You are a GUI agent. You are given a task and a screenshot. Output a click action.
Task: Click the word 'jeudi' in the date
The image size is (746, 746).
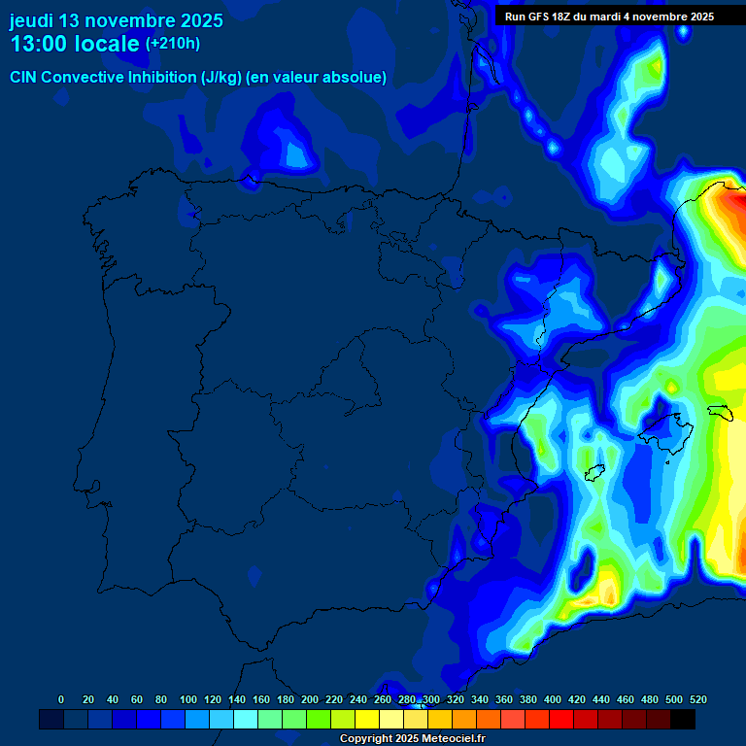coord(32,20)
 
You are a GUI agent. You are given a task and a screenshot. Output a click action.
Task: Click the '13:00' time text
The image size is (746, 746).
coord(39,44)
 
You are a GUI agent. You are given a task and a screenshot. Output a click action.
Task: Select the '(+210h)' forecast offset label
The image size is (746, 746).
coord(173,44)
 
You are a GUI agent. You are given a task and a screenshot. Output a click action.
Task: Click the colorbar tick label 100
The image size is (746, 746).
coord(188,699)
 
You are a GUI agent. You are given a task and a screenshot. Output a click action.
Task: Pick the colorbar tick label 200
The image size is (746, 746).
coord(310,699)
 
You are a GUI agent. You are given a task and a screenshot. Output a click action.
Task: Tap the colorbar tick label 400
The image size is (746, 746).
coord(553,699)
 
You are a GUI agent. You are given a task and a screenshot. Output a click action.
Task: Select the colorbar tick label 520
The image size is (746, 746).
coord(697,699)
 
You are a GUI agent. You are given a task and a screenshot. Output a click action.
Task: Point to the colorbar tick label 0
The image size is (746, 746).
coord(61,699)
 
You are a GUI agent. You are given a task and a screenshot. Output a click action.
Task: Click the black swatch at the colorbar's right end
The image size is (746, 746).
coord(683,719)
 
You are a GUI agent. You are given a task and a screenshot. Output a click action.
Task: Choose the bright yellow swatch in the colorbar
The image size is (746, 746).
coord(367,719)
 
